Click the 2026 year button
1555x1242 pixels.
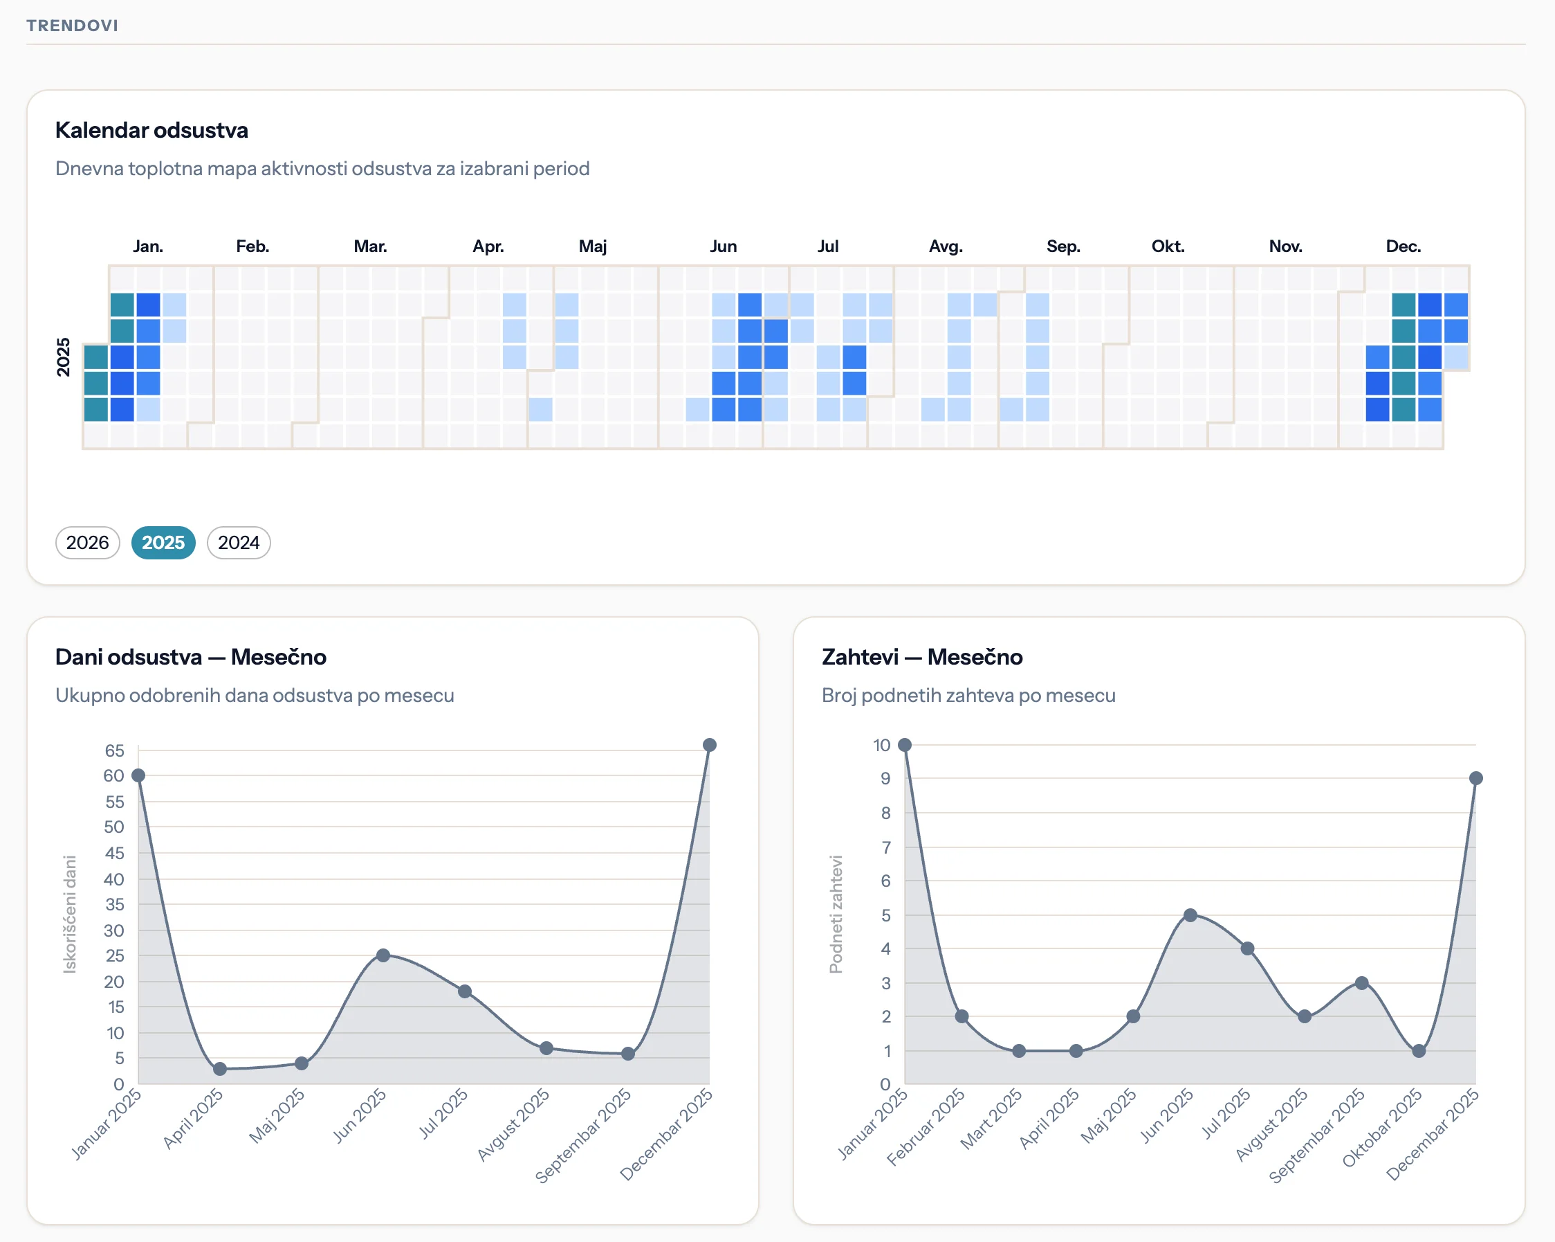click(87, 543)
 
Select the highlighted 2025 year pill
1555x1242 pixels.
click(163, 543)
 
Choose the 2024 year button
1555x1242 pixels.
click(239, 543)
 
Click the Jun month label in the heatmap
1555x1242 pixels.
click(723, 246)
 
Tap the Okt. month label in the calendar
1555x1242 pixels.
click(1168, 246)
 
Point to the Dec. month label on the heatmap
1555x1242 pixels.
click(1403, 246)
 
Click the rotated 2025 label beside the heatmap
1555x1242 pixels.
click(64, 357)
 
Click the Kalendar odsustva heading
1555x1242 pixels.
click(151, 130)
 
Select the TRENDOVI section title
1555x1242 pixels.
click(72, 25)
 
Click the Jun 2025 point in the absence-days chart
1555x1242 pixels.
click(383, 955)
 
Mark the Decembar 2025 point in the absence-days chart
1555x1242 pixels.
click(709, 745)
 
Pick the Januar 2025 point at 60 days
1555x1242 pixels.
click(138, 776)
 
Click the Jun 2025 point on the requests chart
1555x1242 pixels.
click(1190, 915)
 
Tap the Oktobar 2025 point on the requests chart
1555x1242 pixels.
click(1419, 1051)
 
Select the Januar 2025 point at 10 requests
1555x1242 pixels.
click(905, 745)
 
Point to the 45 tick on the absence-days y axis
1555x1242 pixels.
click(114, 853)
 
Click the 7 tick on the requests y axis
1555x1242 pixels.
click(885, 847)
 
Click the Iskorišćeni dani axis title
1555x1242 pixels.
click(69, 915)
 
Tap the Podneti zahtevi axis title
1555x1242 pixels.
click(836, 915)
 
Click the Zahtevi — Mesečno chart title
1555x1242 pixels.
click(922, 657)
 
